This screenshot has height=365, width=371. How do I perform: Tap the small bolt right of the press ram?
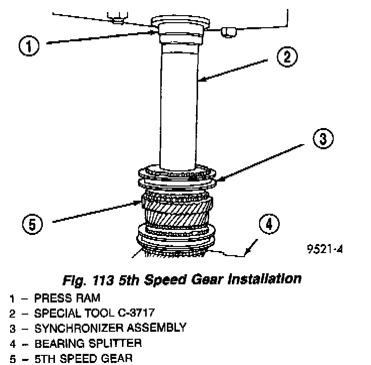227,32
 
